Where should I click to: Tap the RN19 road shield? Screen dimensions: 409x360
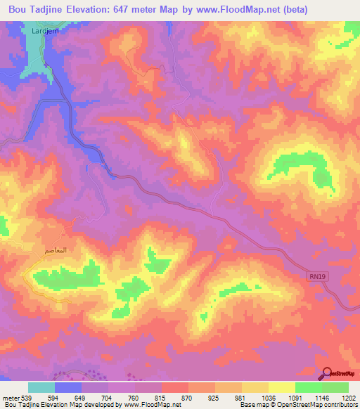tap(318, 277)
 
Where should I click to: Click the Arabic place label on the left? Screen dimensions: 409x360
tap(56, 250)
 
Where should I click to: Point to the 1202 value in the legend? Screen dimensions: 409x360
tap(340, 398)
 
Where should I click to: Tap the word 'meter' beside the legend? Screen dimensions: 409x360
tap(10, 398)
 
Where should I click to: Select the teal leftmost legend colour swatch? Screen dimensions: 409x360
tap(41, 387)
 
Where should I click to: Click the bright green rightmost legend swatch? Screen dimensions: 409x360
tap(335, 387)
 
